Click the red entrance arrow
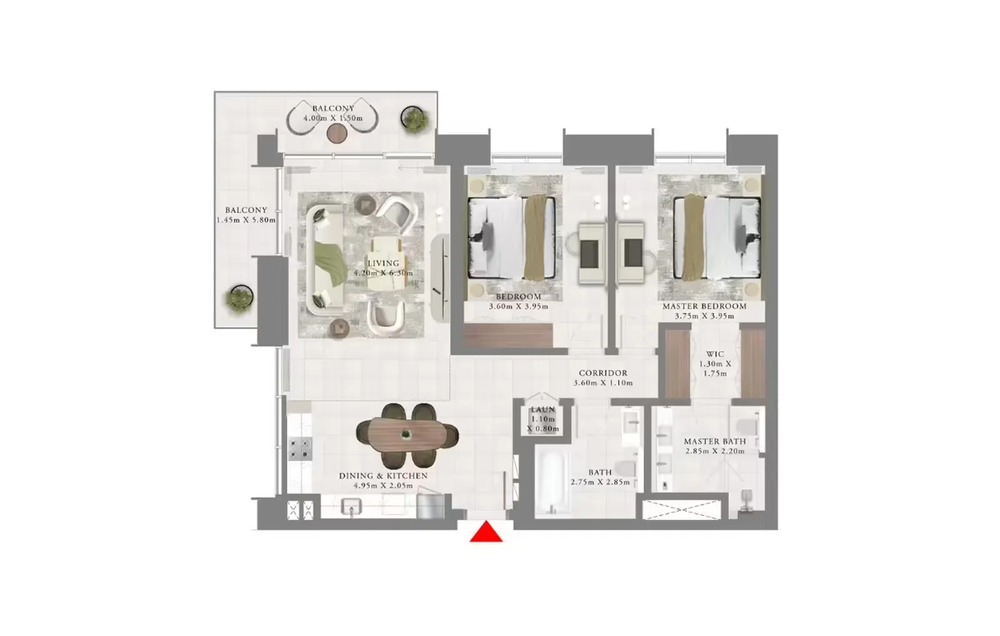point(486,532)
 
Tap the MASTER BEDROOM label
point(704,306)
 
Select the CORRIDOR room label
point(602,373)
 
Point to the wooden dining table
point(407,434)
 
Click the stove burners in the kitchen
point(300,448)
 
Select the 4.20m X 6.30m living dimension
point(383,273)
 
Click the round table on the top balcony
point(337,133)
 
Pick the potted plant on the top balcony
point(413,118)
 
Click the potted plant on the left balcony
point(240,298)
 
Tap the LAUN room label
point(542,410)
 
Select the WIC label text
point(715,354)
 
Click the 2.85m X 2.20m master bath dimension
point(714,451)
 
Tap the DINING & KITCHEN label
point(383,475)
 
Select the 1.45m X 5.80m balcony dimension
point(246,220)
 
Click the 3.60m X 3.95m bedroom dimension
point(518,307)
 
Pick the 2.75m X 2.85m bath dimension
point(600,482)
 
